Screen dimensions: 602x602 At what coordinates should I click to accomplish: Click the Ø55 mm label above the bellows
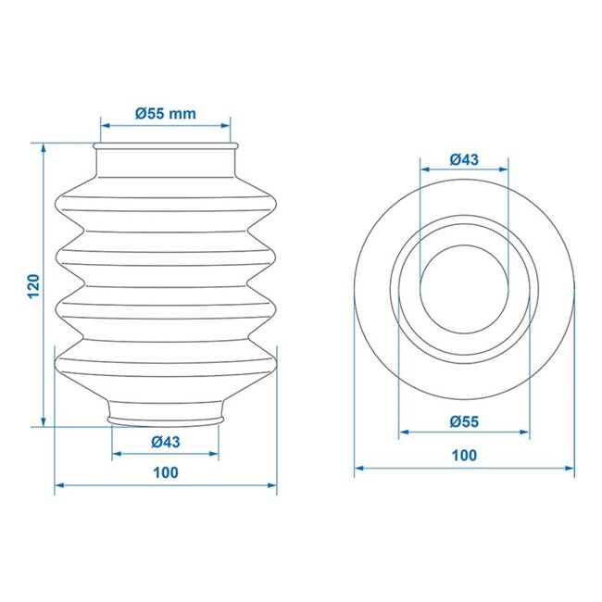[x=165, y=113]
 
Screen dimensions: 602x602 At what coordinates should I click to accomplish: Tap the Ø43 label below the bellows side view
[x=165, y=441]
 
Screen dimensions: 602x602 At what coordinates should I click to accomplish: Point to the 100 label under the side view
[x=165, y=472]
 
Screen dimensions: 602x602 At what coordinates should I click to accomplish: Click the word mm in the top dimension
[x=183, y=113]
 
